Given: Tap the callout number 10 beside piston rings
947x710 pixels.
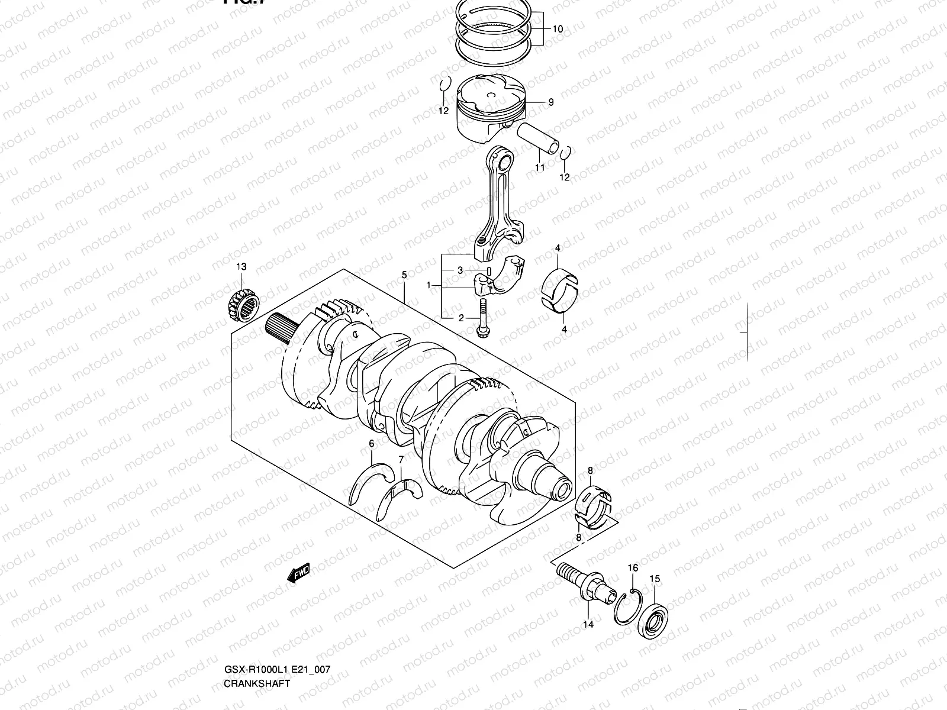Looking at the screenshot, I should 558,29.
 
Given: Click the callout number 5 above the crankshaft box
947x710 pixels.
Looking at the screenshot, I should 404,275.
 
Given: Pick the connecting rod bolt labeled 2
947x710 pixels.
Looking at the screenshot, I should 482,319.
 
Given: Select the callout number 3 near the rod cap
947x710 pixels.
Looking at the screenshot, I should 460,270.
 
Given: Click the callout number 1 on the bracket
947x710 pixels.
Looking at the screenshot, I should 429,285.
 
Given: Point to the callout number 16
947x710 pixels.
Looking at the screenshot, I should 633,568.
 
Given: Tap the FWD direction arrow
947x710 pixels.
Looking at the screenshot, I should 298,573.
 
